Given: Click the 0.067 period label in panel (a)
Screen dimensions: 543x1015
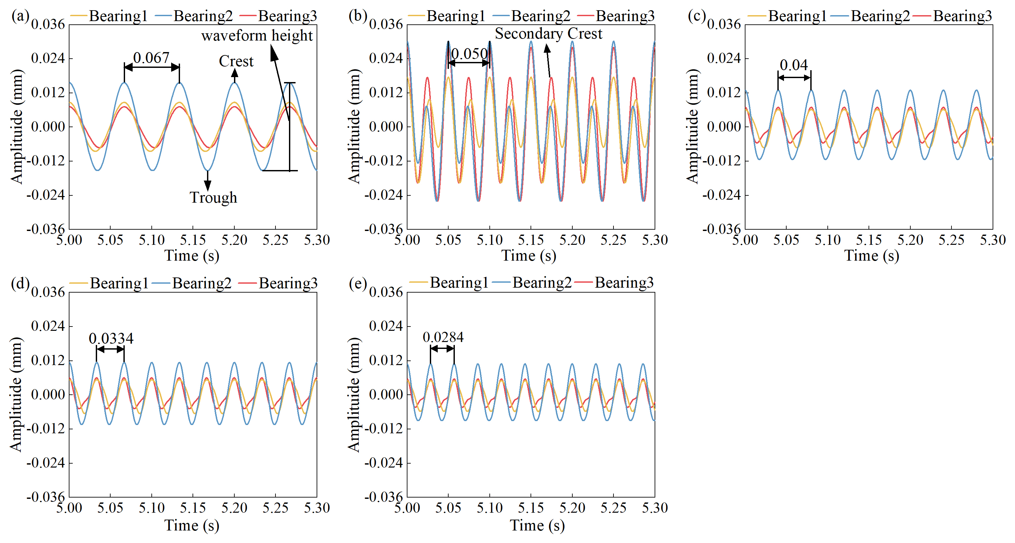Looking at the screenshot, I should pos(151,58).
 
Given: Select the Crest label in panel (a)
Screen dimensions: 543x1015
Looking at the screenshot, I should pos(236,61).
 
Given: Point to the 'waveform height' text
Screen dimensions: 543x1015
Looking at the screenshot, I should pos(257,36).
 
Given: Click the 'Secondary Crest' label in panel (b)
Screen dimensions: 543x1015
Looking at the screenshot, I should pos(549,34).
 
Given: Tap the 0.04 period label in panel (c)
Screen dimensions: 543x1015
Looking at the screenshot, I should pos(794,65).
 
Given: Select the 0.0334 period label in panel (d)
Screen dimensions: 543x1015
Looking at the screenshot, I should pos(111,338).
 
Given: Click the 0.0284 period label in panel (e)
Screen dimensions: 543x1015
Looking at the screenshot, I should pos(443,337).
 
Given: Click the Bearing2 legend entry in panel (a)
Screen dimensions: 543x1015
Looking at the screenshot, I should pos(202,16).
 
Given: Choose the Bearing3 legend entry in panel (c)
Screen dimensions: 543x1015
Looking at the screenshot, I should pos(962,16).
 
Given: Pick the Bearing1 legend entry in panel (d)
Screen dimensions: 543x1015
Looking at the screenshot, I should pos(118,283).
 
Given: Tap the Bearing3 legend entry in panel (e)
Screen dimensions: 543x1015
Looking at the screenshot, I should pos(623,283).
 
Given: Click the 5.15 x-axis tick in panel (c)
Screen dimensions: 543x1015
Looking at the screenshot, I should pos(869,240).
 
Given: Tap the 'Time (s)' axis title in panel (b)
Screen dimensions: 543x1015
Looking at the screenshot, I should pos(529,256).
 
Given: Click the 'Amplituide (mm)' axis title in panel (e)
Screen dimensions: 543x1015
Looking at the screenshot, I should pos(354,394).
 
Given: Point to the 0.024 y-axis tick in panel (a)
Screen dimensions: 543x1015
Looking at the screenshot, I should pos(48,58).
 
